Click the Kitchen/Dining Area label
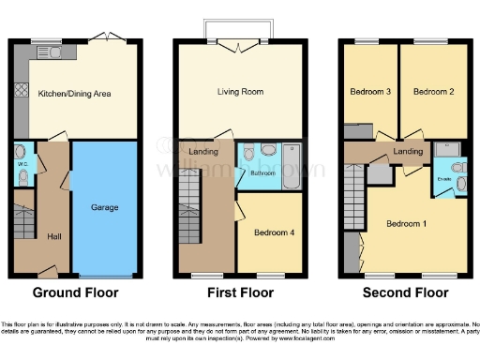tap(81, 94)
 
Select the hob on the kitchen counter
tap(17, 92)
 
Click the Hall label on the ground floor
tap(53, 236)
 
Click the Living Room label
tap(242, 93)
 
